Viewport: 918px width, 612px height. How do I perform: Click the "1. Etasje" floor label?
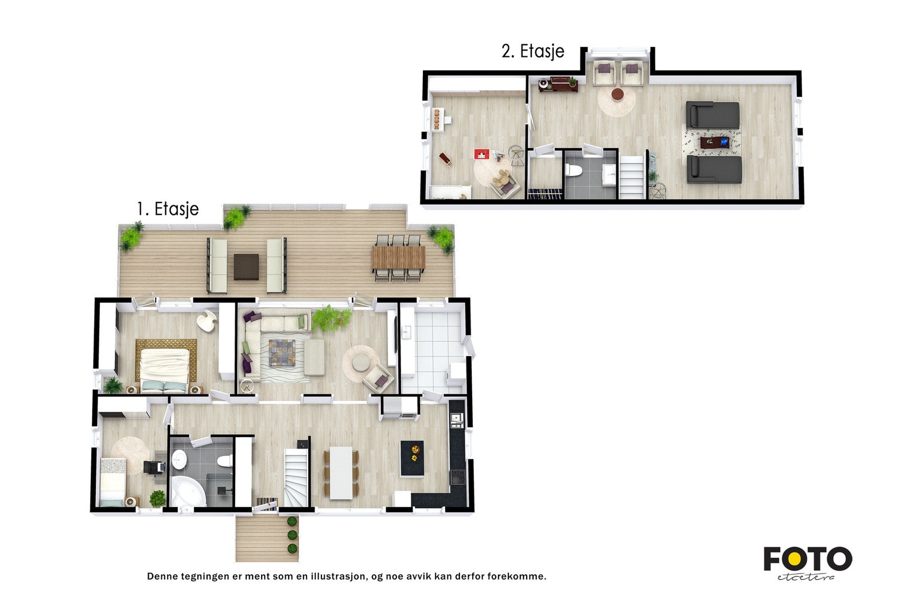click(x=168, y=209)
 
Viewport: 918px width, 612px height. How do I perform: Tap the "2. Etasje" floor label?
click(x=533, y=52)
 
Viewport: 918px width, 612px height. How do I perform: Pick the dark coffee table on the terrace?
click(x=246, y=266)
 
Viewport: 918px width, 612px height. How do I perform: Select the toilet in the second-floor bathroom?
click(x=574, y=170)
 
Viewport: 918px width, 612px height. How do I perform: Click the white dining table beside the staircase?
click(x=341, y=472)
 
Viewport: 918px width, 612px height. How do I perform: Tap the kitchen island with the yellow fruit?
click(x=412, y=458)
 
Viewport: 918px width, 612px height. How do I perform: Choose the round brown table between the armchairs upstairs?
click(x=617, y=94)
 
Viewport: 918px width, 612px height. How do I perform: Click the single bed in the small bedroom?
click(x=112, y=482)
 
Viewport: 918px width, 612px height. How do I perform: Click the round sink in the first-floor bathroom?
click(x=179, y=458)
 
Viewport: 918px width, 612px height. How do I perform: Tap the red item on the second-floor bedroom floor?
click(x=481, y=154)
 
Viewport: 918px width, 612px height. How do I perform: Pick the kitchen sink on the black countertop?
click(x=456, y=420)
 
